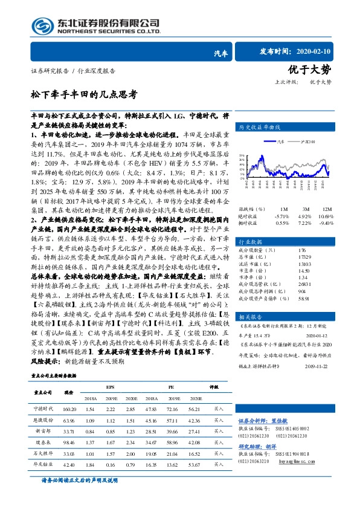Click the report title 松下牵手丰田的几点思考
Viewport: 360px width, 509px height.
84,94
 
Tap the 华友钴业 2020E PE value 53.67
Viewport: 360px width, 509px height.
193,464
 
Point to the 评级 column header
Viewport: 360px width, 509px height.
213,386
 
